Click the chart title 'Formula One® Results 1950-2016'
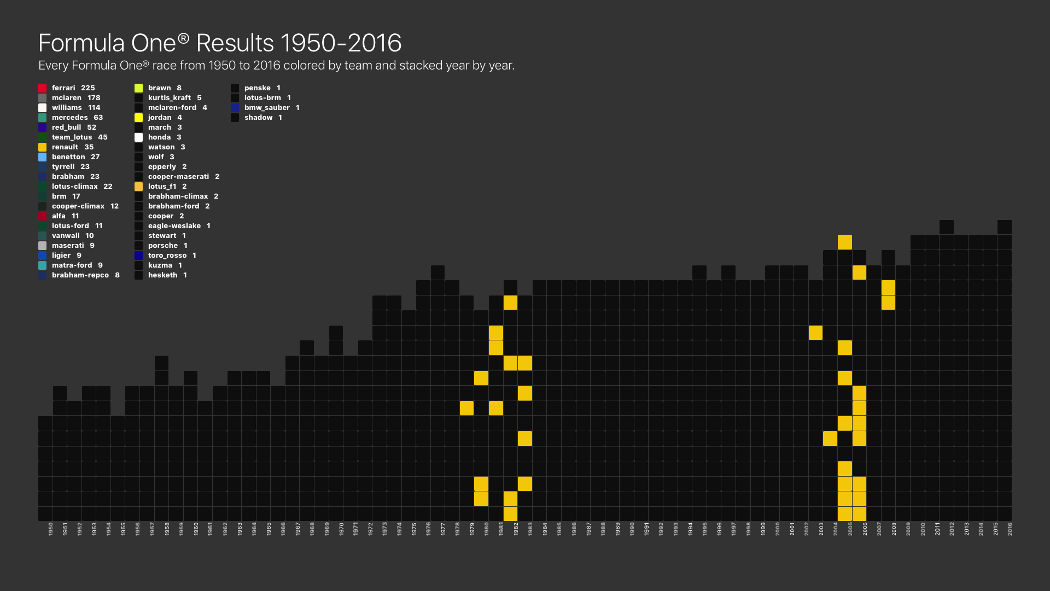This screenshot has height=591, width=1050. [x=220, y=43]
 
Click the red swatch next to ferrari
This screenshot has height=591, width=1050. [x=43, y=88]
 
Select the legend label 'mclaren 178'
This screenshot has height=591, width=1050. [x=76, y=98]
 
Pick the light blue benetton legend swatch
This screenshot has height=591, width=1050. [x=43, y=157]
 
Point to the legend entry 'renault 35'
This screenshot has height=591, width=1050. [x=73, y=147]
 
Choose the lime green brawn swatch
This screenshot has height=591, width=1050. [x=139, y=88]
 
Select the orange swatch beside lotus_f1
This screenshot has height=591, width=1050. [x=139, y=187]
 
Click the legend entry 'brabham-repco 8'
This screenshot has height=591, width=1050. [x=86, y=275]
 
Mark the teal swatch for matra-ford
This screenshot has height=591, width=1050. [x=43, y=265]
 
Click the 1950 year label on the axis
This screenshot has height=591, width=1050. [x=51, y=529]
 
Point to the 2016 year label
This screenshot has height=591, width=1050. [x=1010, y=529]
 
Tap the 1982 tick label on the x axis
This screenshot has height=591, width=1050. [x=516, y=529]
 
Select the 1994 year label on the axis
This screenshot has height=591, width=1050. [x=690, y=529]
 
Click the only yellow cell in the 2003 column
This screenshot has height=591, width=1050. [x=815, y=333]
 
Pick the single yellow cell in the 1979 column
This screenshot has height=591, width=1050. [x=466, y=408]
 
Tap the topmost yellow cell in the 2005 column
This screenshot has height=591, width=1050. [x=845, y=242]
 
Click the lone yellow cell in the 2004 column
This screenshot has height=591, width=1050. [x=830, y=438]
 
